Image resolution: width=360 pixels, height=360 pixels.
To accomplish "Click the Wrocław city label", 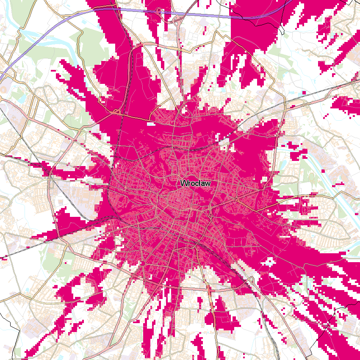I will tap(195, 183).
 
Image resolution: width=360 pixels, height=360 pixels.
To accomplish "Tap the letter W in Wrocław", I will tap(184, 183).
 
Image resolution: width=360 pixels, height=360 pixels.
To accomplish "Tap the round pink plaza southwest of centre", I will tap(143, 263).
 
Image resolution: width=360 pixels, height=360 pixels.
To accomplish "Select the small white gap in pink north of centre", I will tap(151, 124).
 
